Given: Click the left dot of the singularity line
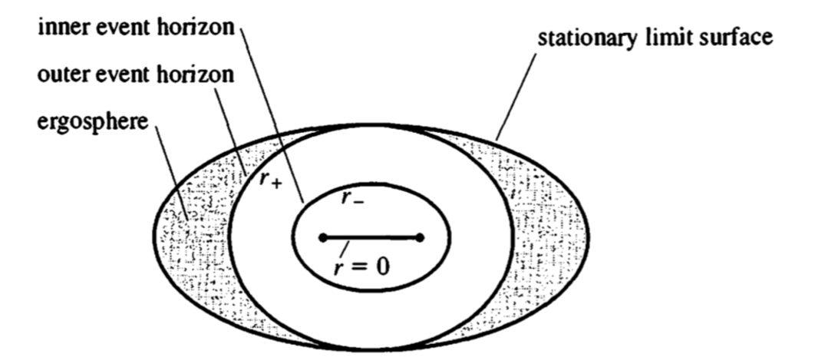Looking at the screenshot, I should click(x=323, y=238).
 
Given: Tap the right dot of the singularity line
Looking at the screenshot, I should click(x=420, y=238).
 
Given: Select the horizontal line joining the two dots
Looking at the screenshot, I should click(x=371, y=238).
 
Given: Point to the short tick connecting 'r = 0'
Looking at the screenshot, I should click(x=348, y=247).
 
